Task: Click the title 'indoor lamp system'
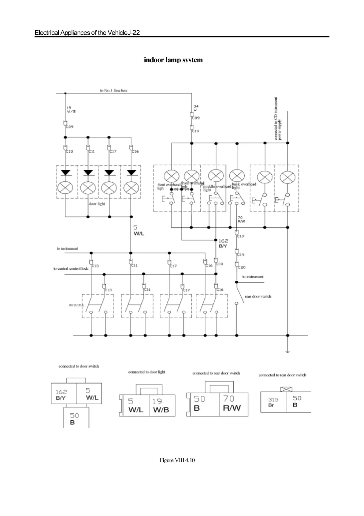[x=173, y=60]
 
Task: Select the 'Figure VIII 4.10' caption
[x=177, y=460]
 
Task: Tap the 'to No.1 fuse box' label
[x=113, y=90]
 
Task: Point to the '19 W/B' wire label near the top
[x=71, y=110]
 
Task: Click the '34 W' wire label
[x=196, y=108]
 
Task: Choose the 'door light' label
[x=97, y=204]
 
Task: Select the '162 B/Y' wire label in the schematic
[x=223, y=244]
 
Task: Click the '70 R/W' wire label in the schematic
[x=241, y=219]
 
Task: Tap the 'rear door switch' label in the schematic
[x=258, y=296]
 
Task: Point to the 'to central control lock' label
[x=71, y=268]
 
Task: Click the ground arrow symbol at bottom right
[x=287, y=351]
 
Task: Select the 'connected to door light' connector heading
[x=147, y=372]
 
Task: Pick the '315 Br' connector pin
[x=273, y=402]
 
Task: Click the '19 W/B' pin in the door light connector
[x=161, y=405]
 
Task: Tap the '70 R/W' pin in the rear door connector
[x=232, y=403]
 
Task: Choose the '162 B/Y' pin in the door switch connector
[x=61, y=395]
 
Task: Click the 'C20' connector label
[x=241, y=267]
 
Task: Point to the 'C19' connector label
[x=241, y=255]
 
